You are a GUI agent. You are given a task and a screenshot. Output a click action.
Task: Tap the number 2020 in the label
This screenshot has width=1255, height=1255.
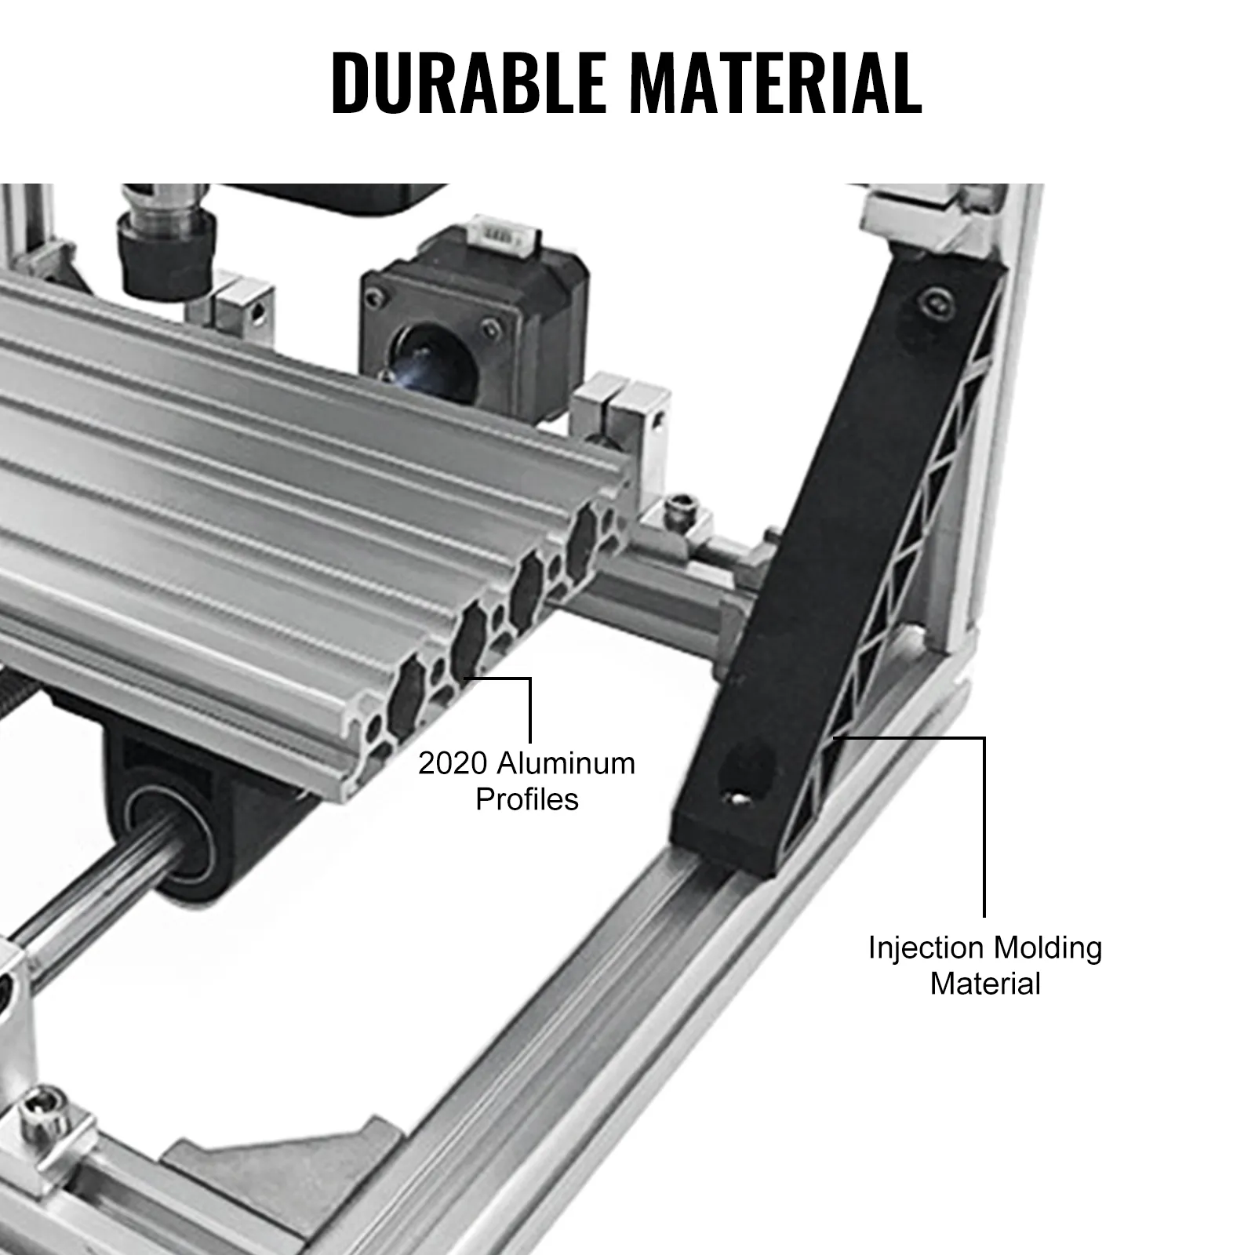(452, 762)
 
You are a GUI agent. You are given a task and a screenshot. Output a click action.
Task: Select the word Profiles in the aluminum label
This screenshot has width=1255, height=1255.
(526, 799)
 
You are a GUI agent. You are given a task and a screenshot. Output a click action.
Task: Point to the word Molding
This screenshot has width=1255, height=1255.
(1048, 948)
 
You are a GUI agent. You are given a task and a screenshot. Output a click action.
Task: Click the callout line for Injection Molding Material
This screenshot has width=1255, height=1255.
(983, 824)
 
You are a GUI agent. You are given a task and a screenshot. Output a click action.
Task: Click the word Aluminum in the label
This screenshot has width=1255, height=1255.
(566, 762)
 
